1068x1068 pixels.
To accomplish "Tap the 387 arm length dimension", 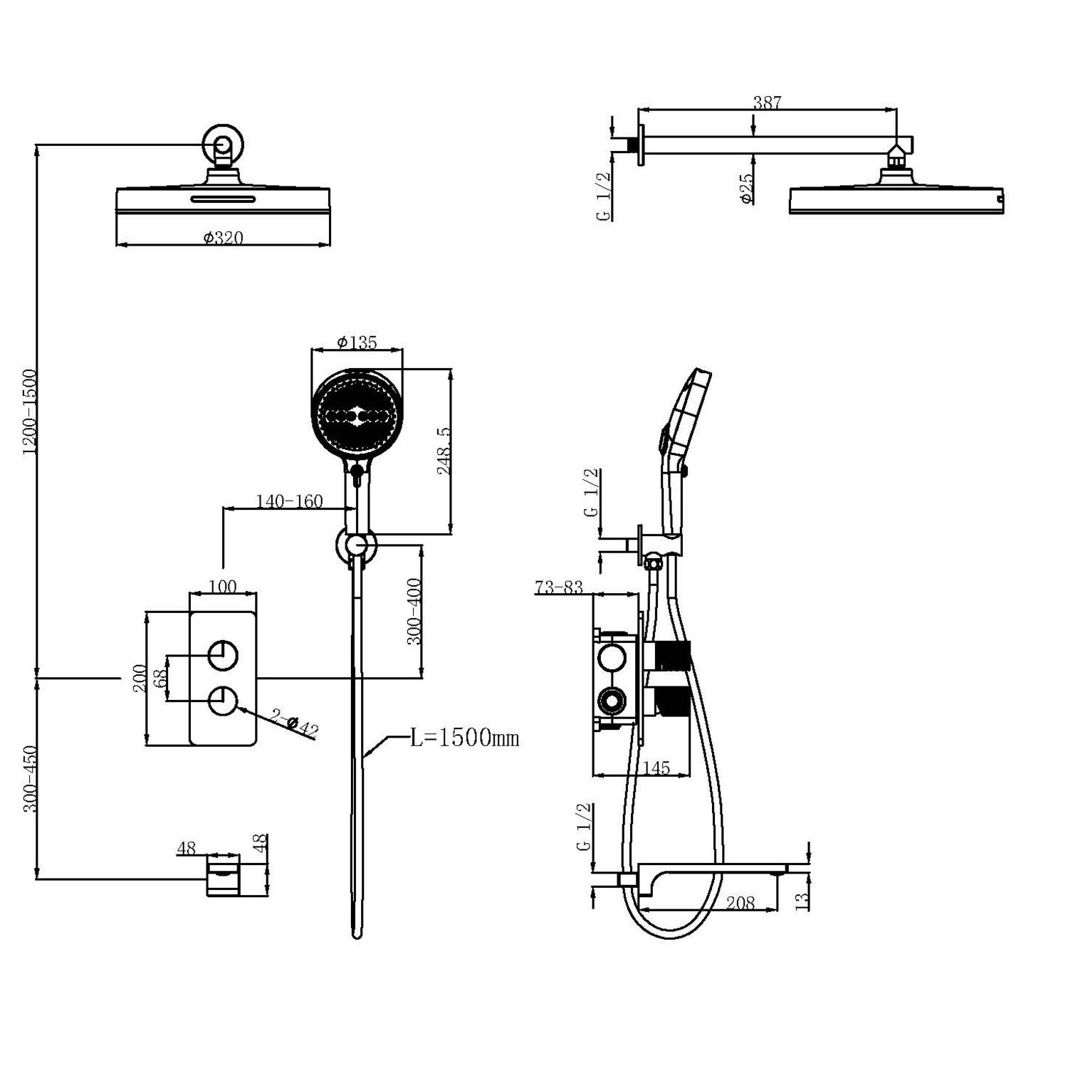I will point(767,103).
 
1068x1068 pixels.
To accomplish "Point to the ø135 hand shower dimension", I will point(357,342).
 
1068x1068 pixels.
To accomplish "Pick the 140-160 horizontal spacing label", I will point(290,501).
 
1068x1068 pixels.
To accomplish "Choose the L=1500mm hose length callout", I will point(464,738).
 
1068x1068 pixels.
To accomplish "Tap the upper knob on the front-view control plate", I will point(223,655).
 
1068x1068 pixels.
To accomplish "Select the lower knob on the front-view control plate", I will point(223,701).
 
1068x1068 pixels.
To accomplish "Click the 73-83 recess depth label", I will point(558,587).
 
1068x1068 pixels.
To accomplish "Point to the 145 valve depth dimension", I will point(656,768).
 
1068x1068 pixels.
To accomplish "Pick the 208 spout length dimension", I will point(740,903).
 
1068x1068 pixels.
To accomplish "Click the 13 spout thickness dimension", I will point(802,899).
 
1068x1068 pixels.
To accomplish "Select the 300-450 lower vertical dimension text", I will point(28,780).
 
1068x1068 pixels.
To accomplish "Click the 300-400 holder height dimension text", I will point(414,611).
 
